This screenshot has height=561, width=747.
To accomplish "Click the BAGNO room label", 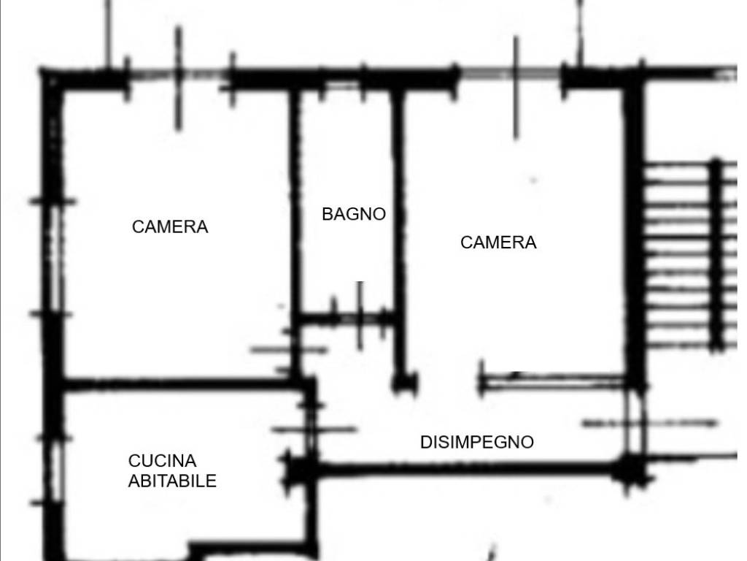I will [354, 214].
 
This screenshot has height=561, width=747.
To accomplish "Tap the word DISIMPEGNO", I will [477, 442].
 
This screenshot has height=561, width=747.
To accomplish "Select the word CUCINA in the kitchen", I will [163, 461].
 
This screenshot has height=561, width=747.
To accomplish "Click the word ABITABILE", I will [172, 481].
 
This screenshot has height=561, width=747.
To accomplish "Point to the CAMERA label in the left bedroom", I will [170, 227].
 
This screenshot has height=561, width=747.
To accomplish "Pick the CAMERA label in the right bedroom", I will [498, 243].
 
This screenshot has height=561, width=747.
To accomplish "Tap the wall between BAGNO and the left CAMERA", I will [295, 219].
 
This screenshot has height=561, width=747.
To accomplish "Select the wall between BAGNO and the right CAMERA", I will [398, 219].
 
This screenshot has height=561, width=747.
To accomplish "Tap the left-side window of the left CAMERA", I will [53, 256].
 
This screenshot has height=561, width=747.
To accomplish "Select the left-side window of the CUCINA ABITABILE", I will [53, 467].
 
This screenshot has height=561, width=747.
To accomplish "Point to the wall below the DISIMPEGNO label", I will [467, 467].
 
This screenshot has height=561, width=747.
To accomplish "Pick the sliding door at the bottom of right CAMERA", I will [554, 380].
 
